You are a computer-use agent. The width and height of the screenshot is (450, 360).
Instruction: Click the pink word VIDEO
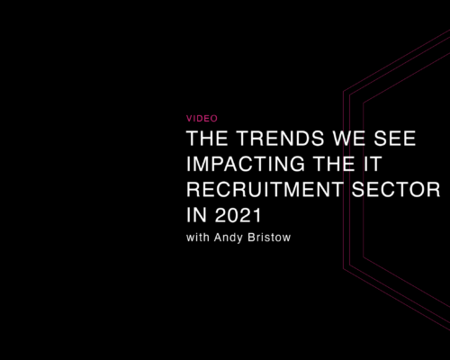tap(202, 119)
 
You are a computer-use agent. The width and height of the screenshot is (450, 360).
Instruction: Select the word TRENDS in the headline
tap(280, 139)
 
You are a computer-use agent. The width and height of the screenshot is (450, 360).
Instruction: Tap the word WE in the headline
tap(349, 139)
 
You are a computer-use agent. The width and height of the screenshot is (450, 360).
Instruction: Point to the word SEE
tap(395, 139)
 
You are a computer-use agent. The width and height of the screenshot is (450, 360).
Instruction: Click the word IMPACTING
tap(246, 164)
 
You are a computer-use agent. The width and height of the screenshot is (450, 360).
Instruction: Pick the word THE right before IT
tap(334, 164)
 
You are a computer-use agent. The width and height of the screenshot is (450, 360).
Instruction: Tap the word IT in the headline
tap(373, 164)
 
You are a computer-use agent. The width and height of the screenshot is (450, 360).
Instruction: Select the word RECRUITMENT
tap(265, 190)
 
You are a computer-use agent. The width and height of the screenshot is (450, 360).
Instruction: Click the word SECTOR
tap(396, 190)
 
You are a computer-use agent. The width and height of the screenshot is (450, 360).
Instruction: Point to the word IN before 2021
tap(196, 215)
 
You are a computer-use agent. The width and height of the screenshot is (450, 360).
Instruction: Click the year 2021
tap(238, 215)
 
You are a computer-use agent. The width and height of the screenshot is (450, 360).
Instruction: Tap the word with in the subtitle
tap(198, 238)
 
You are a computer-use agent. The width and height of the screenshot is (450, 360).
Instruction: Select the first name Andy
tap(229, 238)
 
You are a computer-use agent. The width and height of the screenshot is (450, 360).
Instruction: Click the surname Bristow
tap(269, 238)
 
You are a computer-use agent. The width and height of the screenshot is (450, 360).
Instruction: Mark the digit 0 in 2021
tap(233, 215)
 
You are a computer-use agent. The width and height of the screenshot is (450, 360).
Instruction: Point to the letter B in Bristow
tap(251, 238)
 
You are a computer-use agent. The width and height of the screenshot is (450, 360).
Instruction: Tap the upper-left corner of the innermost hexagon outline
tap(364, 103)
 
